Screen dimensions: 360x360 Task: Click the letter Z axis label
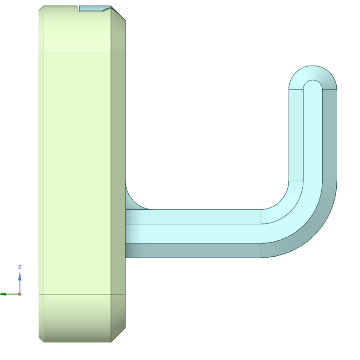[x=20, y=267]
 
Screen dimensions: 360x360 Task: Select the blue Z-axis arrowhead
[x=20, y=276]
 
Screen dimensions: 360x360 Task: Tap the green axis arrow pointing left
[x=9, y=294]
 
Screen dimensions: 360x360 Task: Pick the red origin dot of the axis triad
[x=20, y=294]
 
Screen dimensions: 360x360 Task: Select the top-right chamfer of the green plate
[x=118, y=13]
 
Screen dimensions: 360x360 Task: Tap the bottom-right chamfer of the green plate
[x=118, y=335]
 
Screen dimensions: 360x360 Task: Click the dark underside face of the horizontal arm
[x=193, y=250]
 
